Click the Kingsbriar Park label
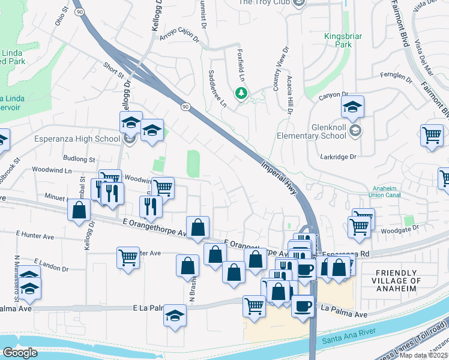point(343,41)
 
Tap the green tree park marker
point(241,94)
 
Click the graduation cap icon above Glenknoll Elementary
point(352,108)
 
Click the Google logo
point(20,353)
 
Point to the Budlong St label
point(79,160)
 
